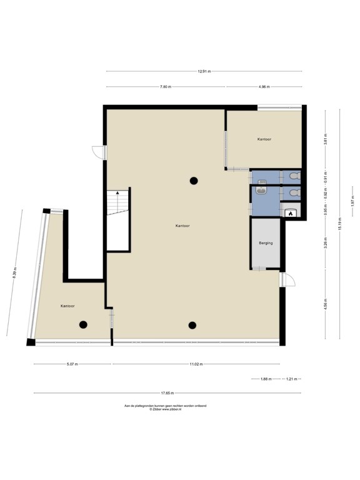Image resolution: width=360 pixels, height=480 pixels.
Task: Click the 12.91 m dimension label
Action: point(204,71)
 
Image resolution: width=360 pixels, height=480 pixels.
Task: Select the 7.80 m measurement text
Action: point(165,86)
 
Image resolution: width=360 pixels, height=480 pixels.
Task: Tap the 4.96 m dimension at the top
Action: point(264,86)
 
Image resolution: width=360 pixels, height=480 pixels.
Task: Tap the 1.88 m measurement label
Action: point(266,379)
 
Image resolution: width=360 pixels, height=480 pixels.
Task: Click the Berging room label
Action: point(265,242)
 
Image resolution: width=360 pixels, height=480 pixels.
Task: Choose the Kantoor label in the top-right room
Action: point(264,139)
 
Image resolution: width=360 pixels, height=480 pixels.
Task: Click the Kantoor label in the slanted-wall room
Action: point(68,306)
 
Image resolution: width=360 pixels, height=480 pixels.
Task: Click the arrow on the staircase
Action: point(117,195)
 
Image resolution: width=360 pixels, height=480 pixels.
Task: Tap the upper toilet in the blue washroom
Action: point(292,177)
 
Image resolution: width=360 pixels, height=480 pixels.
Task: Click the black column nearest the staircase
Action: point(194,181)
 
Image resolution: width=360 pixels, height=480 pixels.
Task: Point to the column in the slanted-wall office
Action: point(82,324)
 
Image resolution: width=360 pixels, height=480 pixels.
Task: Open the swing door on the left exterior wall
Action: point(99,151)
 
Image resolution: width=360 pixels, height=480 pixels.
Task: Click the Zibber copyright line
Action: point(165,410)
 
